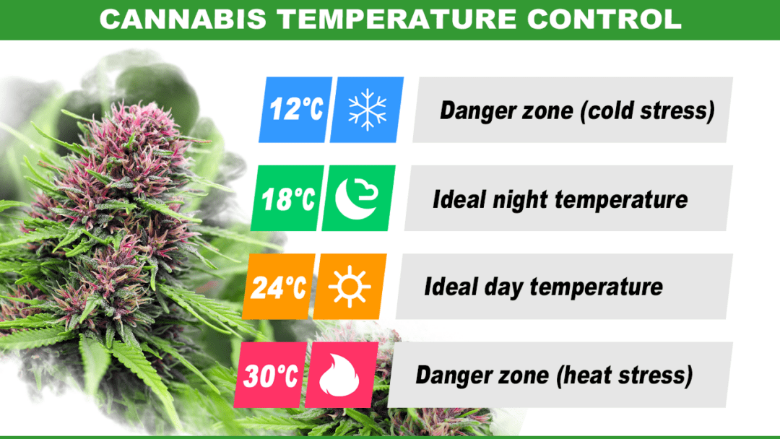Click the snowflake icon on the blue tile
[367, 110]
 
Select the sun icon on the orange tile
[350, 287]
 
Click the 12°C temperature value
[295, 110]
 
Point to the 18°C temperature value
[287, 199]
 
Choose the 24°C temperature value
[279, 287]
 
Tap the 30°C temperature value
[270, 375]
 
